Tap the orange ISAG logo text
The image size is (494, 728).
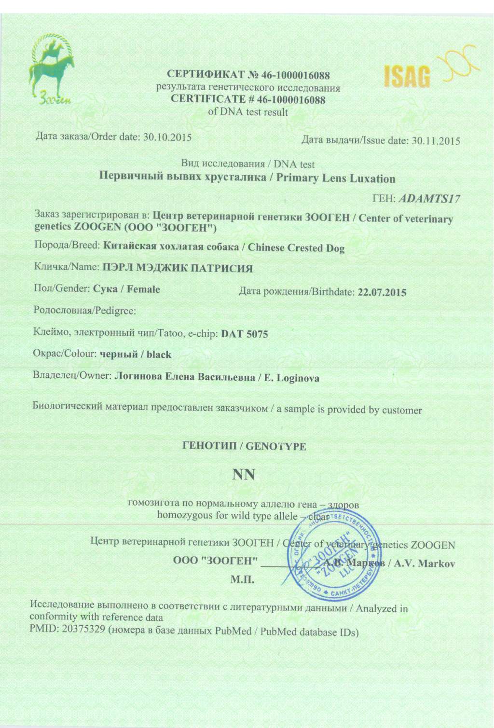tap(407, 76)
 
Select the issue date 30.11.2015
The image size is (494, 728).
tap(436, 141)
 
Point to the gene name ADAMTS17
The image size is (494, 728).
tap(430, 198)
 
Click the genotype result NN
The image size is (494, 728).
tap(244, 475)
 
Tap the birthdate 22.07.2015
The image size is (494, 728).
tap(382, 292)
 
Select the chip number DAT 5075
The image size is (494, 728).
tap(244, 334)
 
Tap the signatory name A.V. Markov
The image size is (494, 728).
tap(425, 563)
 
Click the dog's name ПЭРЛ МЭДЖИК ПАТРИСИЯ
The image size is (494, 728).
tap(178, 268)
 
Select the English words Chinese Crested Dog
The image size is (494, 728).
tap(296, 248)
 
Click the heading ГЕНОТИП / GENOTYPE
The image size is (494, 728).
tap(244, 446)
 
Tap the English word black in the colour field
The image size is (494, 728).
tap(159, 355)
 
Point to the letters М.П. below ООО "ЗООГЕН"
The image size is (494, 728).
tap(242, 579)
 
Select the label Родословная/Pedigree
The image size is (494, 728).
tap(85, 310)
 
